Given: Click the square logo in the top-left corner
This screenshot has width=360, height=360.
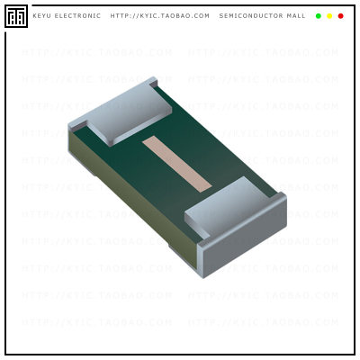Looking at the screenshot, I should click(x=15, y=16).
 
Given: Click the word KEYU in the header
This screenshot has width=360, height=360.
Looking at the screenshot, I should click(x=42, y=16).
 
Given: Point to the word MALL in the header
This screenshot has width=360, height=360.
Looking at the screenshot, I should click(x=294, y=16).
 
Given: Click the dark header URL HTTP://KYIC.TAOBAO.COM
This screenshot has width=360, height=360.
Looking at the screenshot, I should click(x=159, y=16).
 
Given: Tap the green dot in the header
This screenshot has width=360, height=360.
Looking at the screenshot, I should click(x=319, y=16).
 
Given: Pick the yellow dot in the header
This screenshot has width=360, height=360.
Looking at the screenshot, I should click(x=329, y=16).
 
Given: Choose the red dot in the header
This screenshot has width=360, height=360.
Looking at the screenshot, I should click(x=340, y=16).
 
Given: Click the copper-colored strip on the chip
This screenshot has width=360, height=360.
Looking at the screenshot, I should click(x=176, y=163).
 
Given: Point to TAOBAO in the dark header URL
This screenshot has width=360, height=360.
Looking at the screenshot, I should click(x=170, y=16).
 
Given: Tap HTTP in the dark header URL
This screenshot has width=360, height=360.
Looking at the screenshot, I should click(x=121, y=16).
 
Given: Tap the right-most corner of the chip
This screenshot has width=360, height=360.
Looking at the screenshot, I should click(x=287, y=200).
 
